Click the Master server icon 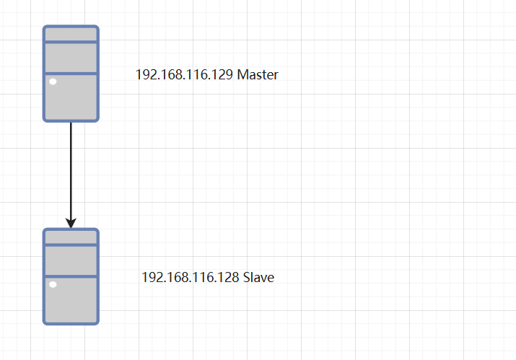coord(71,74)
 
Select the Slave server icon coord(71,277)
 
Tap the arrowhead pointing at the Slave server coord(71,221)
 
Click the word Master coord(258,75)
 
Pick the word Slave coord(258,278)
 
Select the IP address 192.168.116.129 coord(184,75)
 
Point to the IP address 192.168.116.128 coord(190,278)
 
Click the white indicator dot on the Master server coord(53,82)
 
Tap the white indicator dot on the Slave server coord(53,286)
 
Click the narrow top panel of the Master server coord(71,35)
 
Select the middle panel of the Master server coord(71,58)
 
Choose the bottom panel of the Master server coord(71,97)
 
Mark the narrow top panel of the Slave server coord(71,237)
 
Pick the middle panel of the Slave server coord(71,260)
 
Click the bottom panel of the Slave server coord(71,300)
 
